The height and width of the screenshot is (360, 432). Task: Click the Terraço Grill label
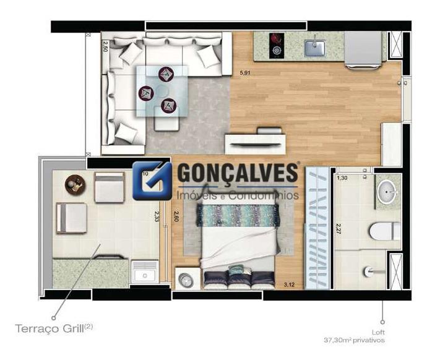(x=54, y=327)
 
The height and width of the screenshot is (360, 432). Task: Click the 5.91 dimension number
(x=246, y=73)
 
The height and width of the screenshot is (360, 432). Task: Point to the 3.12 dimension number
(x=288, y=285)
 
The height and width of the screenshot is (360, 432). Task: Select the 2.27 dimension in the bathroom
(x=339, y=227)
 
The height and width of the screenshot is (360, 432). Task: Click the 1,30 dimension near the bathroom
(x=342, y=178)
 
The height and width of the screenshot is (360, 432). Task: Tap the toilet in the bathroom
(x=384, y=231)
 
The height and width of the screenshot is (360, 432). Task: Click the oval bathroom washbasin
(x=388, y=192)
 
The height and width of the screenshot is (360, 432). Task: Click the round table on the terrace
(x=75, y=184)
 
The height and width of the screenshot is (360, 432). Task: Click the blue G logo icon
(x=152, y=180)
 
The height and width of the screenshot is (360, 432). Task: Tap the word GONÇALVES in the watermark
(x=238, y=174)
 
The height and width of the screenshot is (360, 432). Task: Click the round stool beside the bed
(x=186, y=280)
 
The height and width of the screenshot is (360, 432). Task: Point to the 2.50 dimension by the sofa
(x=105, y=46)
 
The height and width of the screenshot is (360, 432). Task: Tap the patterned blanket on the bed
(x=238, y=216)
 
